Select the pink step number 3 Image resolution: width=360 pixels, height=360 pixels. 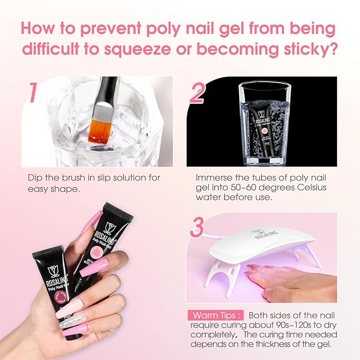(197, 226)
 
